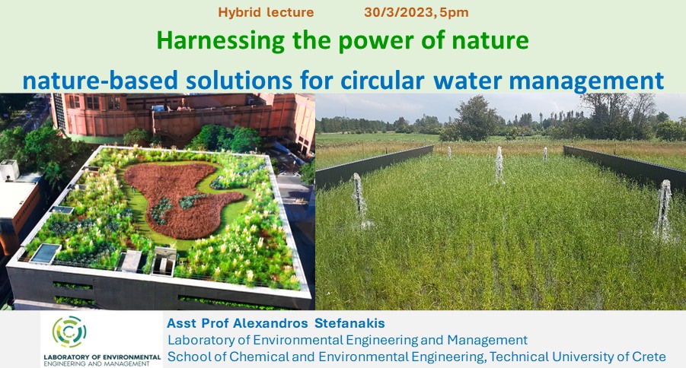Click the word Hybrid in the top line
click(x=239, y=13)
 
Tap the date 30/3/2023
click(x=399, y=12)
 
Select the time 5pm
click(x=454, y=13)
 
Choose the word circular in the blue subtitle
click(x=382, y=80)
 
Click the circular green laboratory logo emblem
click(x=69, y=332)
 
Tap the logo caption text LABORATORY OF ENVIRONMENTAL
click(x=102, y=357)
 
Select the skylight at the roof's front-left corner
click(x=45, y=253)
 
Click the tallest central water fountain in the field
click(x=499, y=165)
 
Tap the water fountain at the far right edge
click(x=664, y=209)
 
